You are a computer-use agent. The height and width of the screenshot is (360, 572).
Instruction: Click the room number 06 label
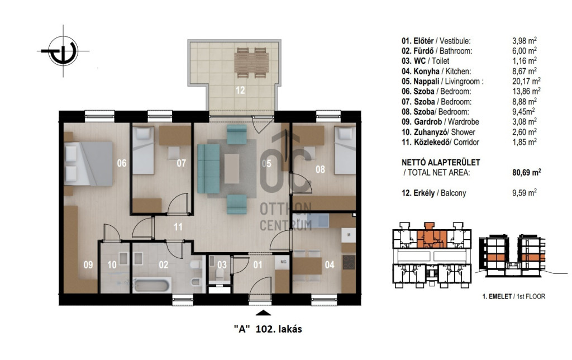click(x=122, y=163)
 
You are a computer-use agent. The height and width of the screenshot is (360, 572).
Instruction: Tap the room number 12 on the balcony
click(x=240, y=90)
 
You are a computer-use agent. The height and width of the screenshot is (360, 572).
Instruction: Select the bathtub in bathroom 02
click(x=152, y=285)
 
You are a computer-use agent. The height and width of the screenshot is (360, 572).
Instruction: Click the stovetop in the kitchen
click(x=349, y=262)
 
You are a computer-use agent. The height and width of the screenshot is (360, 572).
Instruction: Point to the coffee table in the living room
click(x=232, y=169)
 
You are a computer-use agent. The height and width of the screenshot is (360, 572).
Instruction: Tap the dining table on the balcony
click(x=252, y=63)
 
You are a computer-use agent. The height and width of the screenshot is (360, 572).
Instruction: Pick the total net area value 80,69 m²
click(x=526, y=172)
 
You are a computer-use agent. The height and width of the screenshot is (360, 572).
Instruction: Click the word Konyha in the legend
click(x=426, y=71)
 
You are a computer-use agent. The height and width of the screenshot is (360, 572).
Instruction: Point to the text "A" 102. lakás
click(x=268, y=329)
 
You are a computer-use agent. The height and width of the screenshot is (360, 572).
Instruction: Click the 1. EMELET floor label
click(x=497, y=296)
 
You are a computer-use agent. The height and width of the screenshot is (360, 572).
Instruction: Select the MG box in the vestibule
click(x=283, y=262)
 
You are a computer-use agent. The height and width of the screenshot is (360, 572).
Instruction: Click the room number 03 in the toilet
click(x=222, y=264)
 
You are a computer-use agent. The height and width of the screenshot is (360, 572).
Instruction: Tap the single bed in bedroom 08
click(x=345, y=150)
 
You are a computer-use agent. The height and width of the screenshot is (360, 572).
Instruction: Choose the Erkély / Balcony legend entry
click(x=433, y=193)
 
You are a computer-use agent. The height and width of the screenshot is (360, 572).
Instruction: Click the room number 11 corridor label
click(x=178, y=227)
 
